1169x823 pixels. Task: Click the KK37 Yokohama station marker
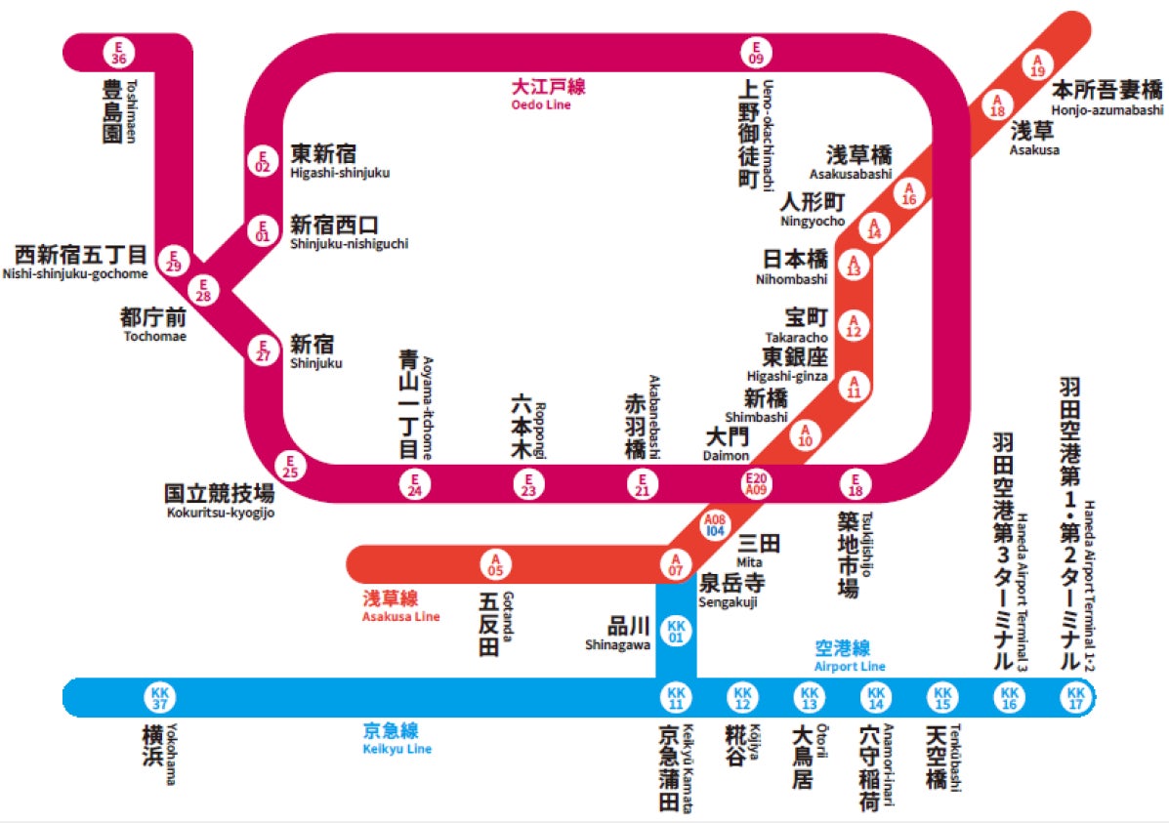(x=159, y=697)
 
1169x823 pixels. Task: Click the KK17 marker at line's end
(x=1076, y=697)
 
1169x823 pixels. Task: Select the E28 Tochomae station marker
(x=204, y=290)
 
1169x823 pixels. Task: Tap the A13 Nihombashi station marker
(x=855, y=267)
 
